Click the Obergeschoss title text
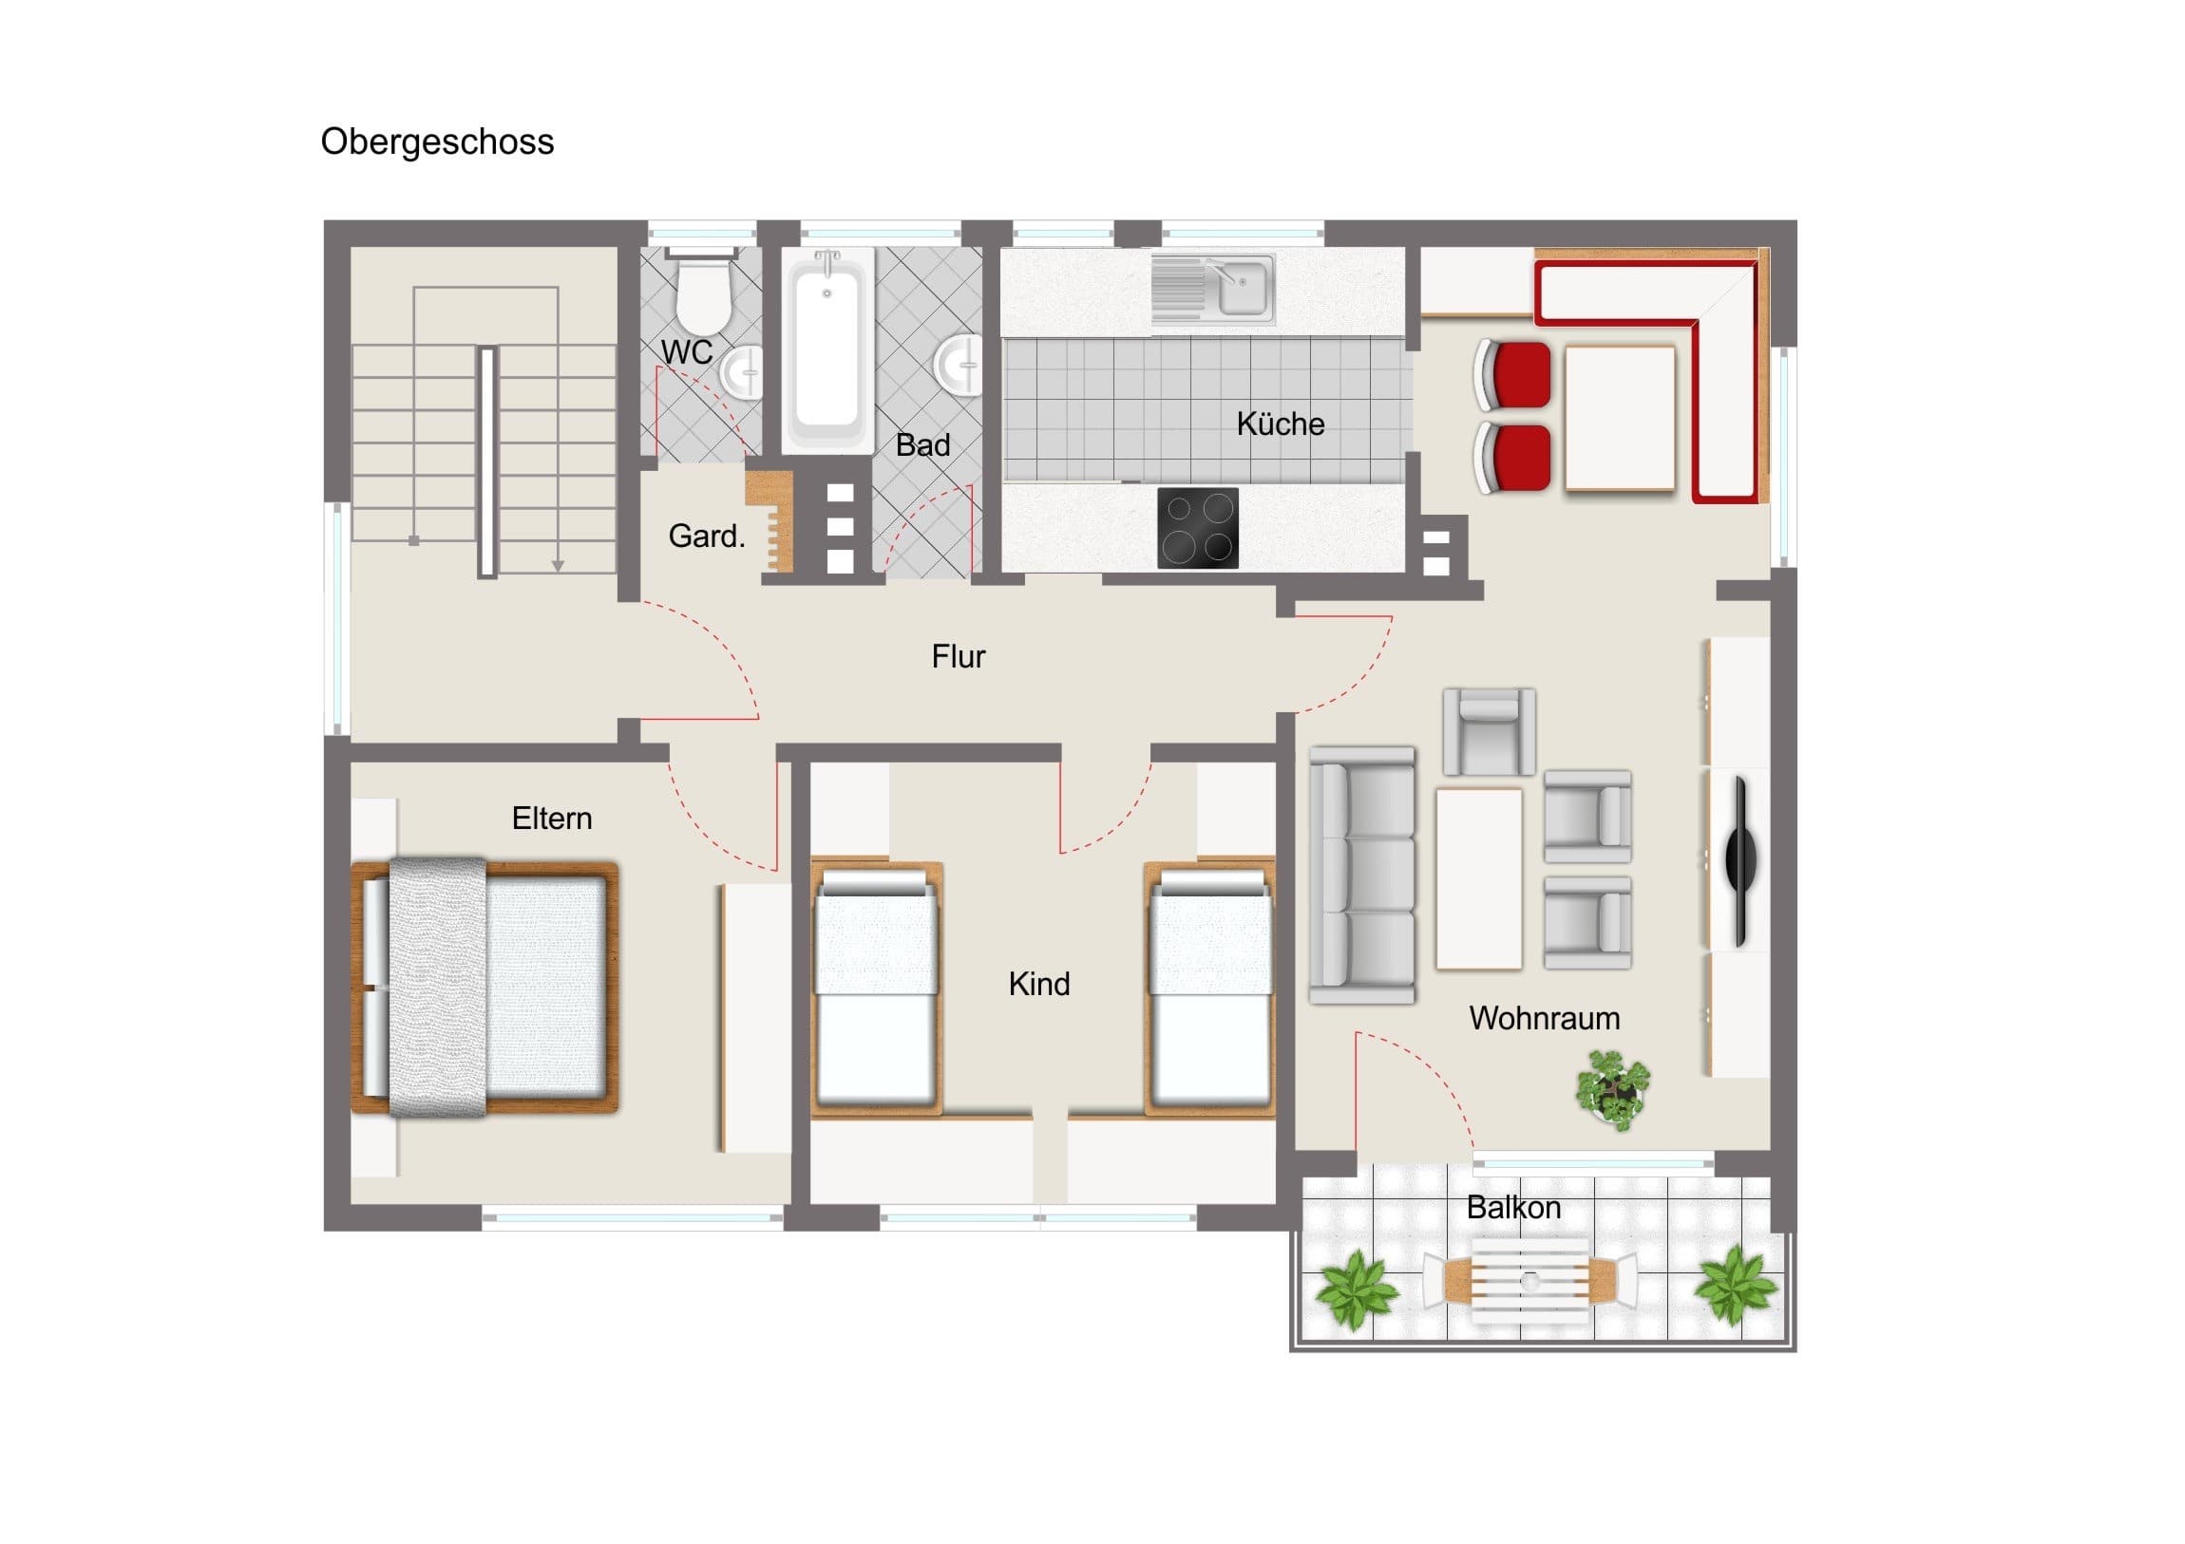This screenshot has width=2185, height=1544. tap(437, 141)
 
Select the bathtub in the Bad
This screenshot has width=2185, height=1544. tap(827, 348)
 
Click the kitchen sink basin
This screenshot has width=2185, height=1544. tap(1243, 289)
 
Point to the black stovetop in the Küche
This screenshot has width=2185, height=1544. tap(1198, 528)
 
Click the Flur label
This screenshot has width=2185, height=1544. tap(959, 656)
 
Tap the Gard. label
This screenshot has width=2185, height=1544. tap(706, 536)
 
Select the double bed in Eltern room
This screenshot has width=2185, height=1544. tap(485, 987)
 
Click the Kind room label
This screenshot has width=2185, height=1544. tap(1039, 984)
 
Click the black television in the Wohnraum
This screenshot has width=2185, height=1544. tap(1740, 860)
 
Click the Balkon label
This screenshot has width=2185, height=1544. tap(1513, 1207)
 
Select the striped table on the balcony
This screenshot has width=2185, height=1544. tap(1530, 1280)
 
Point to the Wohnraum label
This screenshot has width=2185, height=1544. tap(1545, 1018)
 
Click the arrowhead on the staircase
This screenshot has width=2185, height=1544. tap(558, 566)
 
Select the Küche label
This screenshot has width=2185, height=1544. tap(1280, 424)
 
